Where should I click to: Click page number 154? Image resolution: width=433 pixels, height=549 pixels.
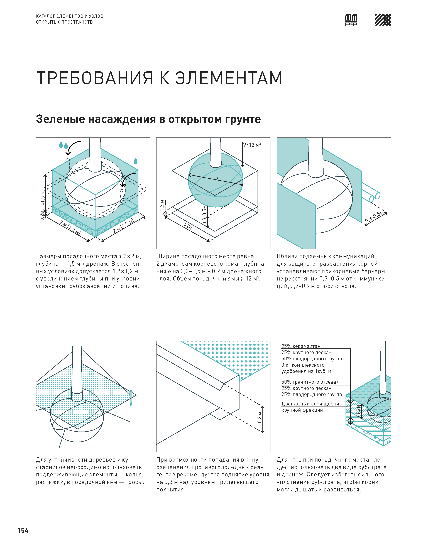coord(23,531)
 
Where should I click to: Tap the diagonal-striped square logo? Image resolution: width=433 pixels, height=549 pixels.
coord(383,20)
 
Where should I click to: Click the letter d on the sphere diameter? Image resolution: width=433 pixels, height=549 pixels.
coord(217,178)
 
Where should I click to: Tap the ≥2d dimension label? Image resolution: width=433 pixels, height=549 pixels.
coord(188,226)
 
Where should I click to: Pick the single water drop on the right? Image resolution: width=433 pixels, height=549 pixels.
coord(135,161)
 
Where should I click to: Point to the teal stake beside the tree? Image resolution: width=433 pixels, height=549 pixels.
coord(131,398)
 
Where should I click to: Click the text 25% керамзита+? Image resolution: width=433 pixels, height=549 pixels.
coord(301,346)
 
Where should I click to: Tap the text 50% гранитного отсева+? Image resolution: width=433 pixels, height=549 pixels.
coord(310,382)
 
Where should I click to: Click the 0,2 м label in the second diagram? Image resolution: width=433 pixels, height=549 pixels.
coord(162,205)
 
